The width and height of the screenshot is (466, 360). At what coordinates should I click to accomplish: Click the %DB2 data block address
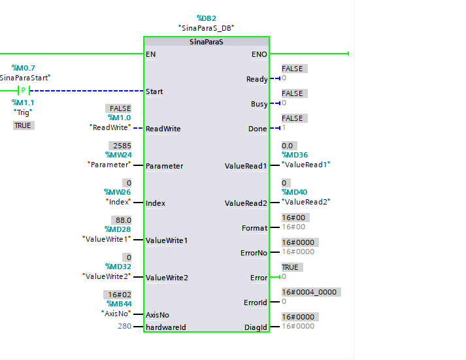coord(206,18)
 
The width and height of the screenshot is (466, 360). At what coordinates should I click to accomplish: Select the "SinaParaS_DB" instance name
coord(206,28)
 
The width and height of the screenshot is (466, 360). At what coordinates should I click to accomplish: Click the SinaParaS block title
coord(206,42)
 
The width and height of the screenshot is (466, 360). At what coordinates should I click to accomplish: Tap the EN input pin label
coord(152,54)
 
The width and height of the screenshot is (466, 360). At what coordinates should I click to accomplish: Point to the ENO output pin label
coord(259,54)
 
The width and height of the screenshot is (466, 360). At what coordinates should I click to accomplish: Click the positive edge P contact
coord(24,91)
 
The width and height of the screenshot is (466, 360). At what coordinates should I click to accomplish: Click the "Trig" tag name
coord(24,112)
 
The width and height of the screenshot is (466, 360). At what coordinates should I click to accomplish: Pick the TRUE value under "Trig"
coord(23,125)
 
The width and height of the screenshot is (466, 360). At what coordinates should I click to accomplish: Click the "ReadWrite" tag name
coord(109,127)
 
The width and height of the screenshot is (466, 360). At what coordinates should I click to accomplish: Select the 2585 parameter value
coord(121,146)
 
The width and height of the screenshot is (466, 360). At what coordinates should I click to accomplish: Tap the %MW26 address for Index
coord(118,193)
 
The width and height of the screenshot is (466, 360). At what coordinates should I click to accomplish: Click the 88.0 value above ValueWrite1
coord(121,220)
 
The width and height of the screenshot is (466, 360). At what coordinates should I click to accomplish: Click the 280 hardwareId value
coord(124,325)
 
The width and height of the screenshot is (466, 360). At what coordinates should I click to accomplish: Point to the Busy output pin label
coord(259,104)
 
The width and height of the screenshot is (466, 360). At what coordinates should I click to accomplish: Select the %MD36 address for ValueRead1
coord(295,155)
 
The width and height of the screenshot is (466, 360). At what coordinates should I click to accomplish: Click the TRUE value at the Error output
coord(290,267)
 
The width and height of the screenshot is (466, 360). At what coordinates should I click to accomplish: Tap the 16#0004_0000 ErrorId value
coord(309,292)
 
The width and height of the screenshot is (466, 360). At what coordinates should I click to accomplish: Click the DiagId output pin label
coord(257,326)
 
